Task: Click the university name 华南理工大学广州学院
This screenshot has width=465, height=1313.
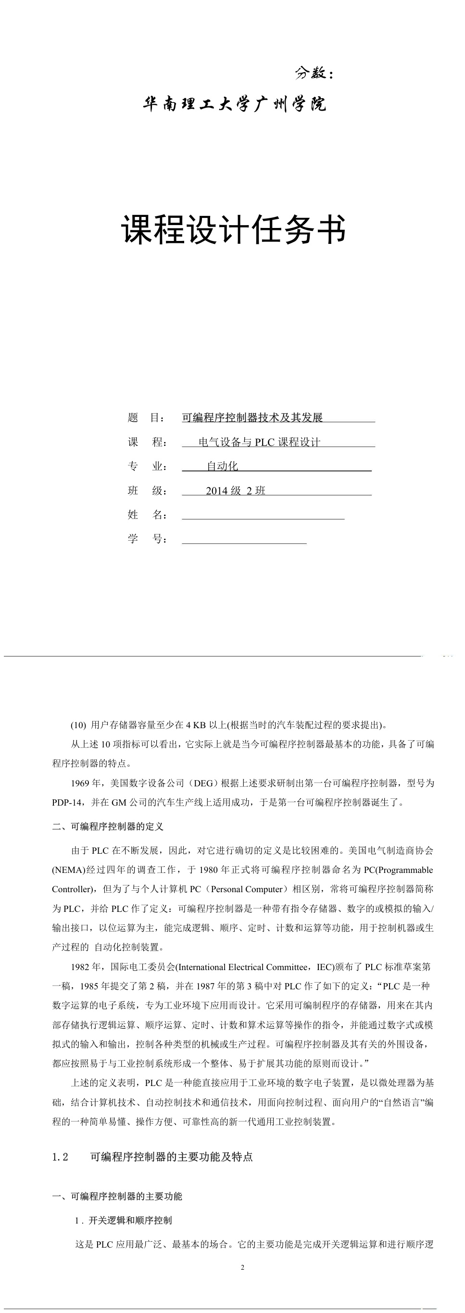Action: (234, 104)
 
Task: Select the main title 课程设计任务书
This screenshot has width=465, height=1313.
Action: (234, 229)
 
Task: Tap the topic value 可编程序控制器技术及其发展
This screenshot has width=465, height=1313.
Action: (252, 417)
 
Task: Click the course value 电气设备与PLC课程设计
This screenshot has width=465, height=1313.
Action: (259, 442)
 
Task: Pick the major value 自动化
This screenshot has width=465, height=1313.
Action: (222, 466)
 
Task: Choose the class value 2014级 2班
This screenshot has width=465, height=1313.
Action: (236, 491)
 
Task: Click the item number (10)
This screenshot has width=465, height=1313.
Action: (78, 725)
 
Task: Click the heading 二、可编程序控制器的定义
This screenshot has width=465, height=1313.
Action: (108, 826)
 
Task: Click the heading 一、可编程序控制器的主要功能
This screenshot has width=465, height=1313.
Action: (117, 1196)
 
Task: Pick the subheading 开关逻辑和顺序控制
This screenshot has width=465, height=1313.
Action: (130, 1220)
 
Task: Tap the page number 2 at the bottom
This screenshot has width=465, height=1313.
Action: (242, 1268)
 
